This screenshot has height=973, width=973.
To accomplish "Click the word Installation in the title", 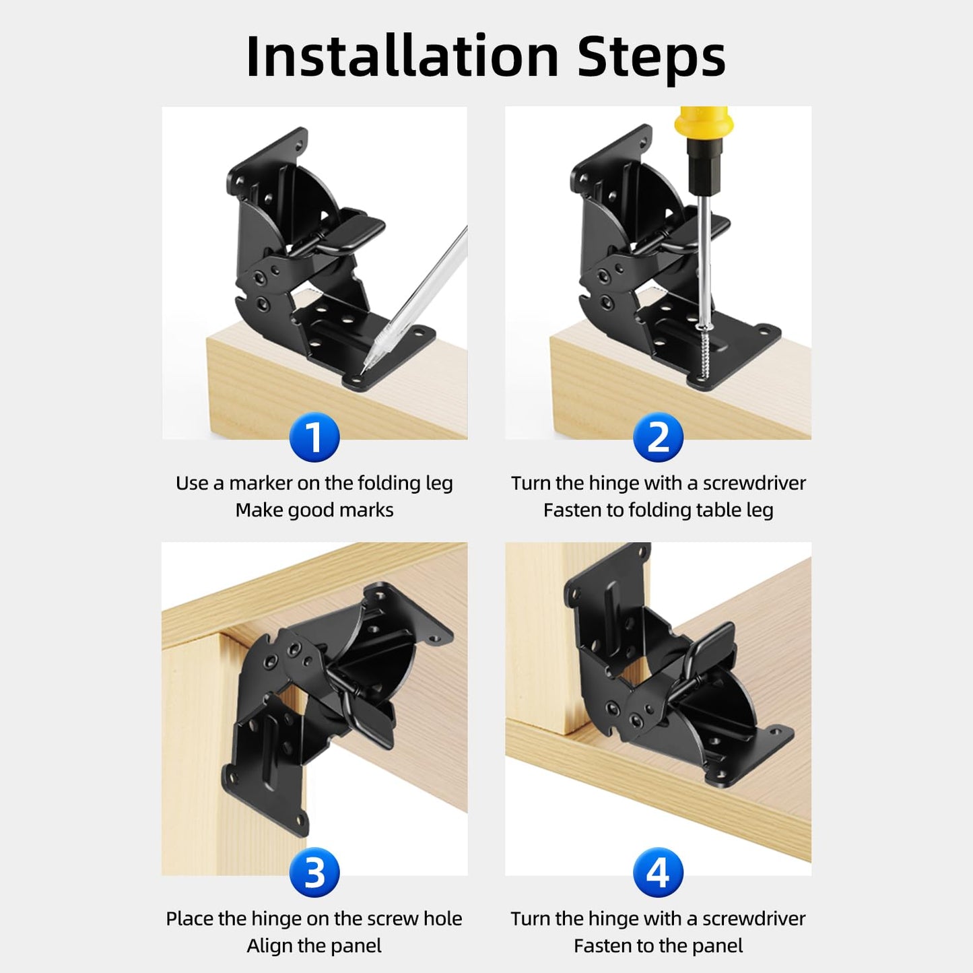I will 402,57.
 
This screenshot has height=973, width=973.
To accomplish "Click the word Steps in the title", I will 651,57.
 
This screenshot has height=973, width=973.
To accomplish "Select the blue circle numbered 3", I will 314,873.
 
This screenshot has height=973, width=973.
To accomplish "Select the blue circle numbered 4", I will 658,873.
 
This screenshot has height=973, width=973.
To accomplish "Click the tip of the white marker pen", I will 364,370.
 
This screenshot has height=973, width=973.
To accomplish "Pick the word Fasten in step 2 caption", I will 572,510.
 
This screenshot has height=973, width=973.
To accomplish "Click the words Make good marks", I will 314,510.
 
